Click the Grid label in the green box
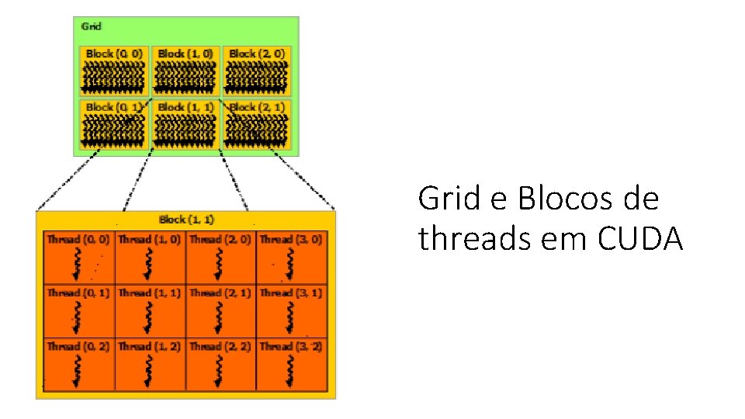[91, 26]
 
